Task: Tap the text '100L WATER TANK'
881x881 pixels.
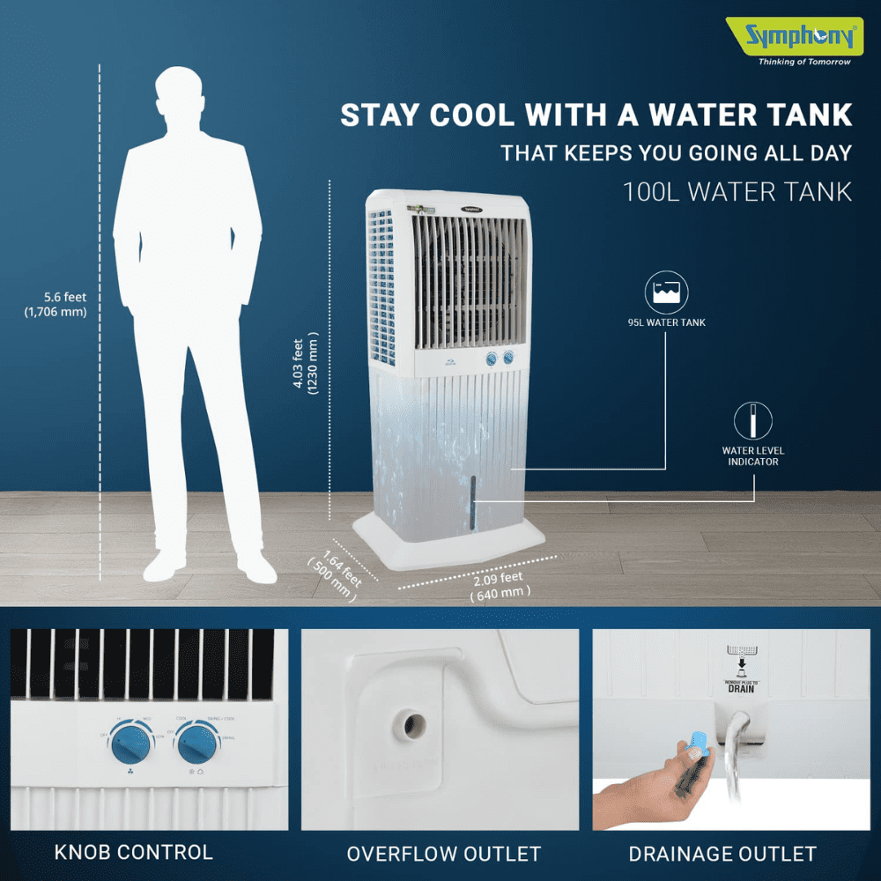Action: point(737,192)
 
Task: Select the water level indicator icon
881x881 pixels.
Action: point(753,421)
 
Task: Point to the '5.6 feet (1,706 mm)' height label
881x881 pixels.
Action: point(62,304)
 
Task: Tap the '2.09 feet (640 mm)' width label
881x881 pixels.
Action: point(502,585)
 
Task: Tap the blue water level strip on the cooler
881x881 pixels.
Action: point(473,502)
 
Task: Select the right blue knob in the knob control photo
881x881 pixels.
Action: point(198,748)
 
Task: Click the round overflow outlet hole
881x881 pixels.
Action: point(410,726)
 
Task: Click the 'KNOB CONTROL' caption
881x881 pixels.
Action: point(134,853)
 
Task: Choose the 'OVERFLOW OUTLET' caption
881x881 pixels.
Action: point(443,854)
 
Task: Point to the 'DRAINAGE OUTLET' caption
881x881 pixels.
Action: point(722,854)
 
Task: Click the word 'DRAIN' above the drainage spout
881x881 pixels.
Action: point(740,687)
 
